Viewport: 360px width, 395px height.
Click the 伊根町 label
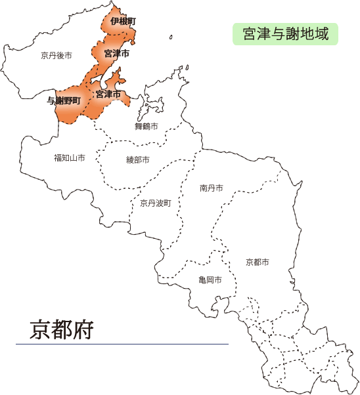click(x=123, y=22)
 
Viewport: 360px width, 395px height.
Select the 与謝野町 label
click(x=64, y=100)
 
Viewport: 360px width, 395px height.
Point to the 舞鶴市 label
click(x=146, y=126)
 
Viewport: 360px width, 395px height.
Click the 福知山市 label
click(x=70, y=158)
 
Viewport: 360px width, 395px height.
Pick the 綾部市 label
click(x=138, y=159)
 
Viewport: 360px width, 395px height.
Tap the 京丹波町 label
click(x=156, y=203)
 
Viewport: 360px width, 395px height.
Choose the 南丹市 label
click(x=211, y=188)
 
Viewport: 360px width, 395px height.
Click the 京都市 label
click(x=257, y=262)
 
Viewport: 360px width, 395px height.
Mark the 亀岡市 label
click(x=210, y=280)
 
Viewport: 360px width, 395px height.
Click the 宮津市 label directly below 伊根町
click(x=116, y=52)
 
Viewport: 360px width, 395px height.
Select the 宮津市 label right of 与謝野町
click(x=108, y=94)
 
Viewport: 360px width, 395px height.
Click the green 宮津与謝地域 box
click(x=285, y=33)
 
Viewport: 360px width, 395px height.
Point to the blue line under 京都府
click(x=122, y=344)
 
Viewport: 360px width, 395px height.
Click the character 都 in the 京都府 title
click(x=62, y=327)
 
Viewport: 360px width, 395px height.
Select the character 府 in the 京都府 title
click(x=83, y=327)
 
